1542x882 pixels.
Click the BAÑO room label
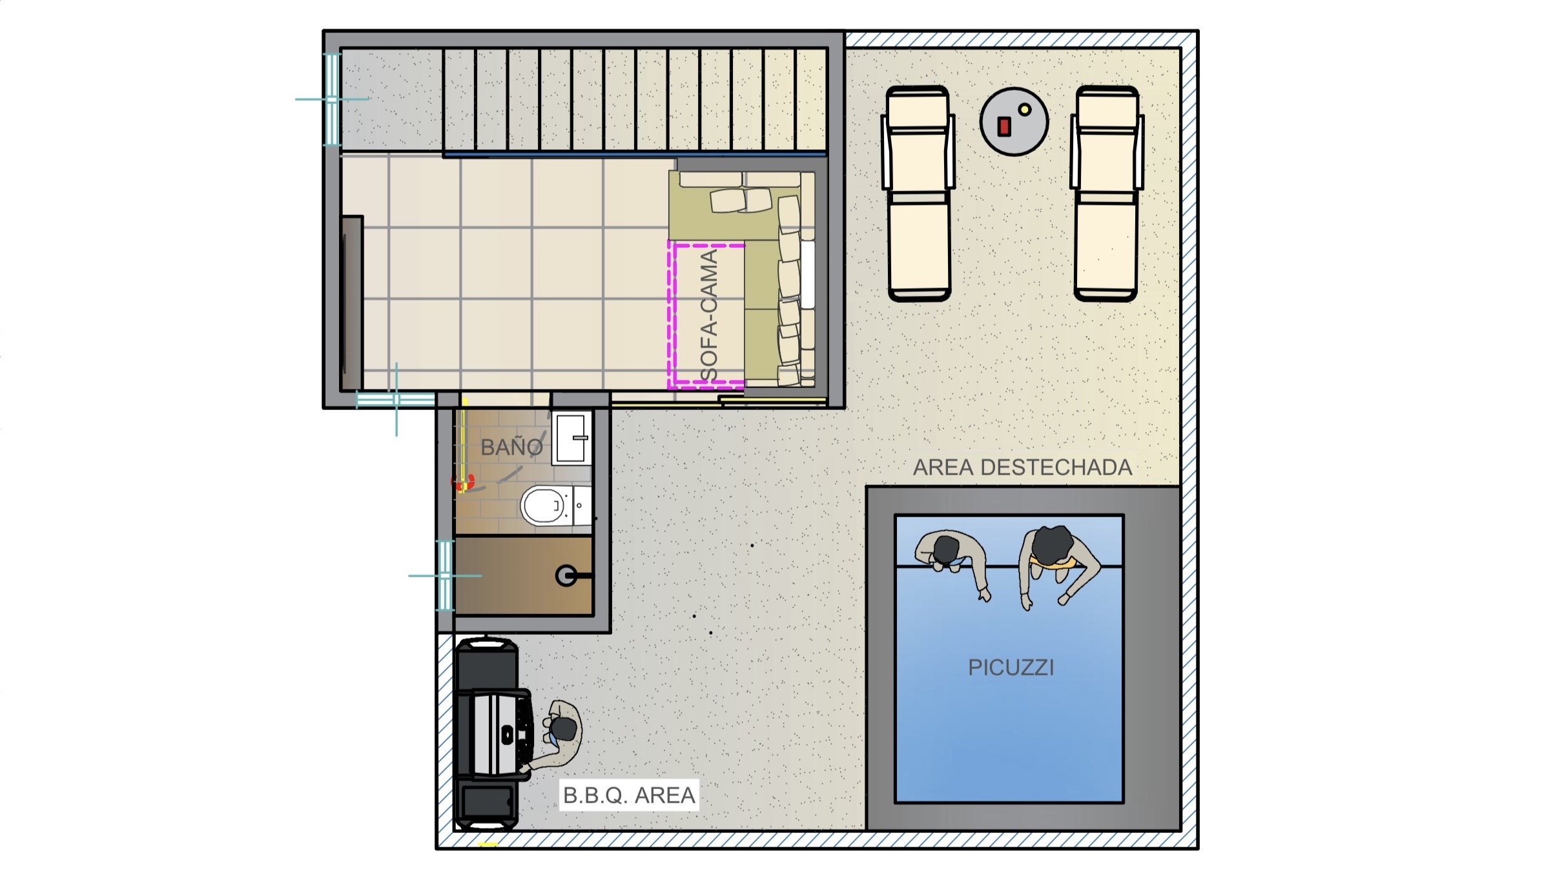pyautogui.click(x=511, y=446)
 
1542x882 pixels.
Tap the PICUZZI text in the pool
pyautogui.click(x=1011, y=667)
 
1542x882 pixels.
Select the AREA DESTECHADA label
pyautogui.click(x=1022, y=467)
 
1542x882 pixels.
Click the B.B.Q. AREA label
pyautogui.click(x=629, y=795)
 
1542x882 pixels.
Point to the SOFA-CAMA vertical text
pyautogui.click(x=709, y=315)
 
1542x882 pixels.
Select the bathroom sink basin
pyautogui.click(x=571, y=438)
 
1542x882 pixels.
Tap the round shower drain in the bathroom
pyautogui.click(x=566, y=576)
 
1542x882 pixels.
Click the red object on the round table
pyautogui.click(x=1003, y=127)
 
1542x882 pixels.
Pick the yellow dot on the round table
pyautogui.click(x=1024, y=110)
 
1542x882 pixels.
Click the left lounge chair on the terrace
pyautogui.click(x=918, y=194)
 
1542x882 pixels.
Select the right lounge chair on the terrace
pyautogui.click(x=1106, y=194)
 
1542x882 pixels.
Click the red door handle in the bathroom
pyautogui.click(x=462, y=482)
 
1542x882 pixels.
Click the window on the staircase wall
pyautogui.click(x=331, y=99)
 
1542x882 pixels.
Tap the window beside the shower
pyautogui.click(x=446, y=575)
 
